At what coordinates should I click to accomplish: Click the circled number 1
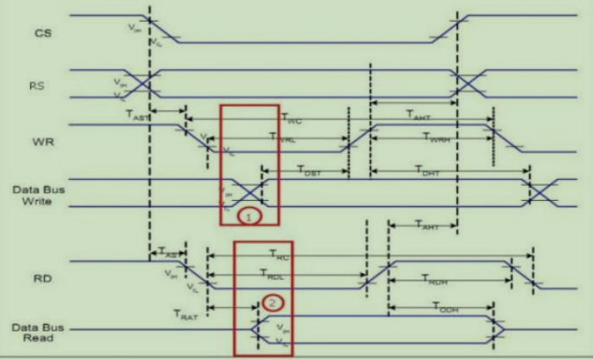pos(248,217)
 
